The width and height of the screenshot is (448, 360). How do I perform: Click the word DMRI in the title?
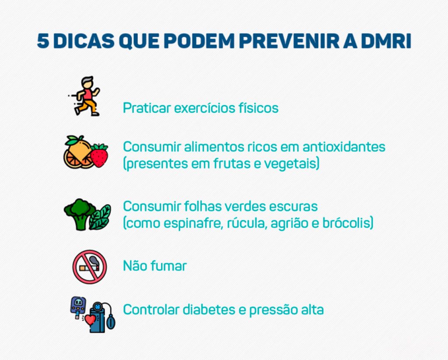click(386, 41)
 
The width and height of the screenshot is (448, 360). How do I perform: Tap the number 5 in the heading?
click(43, 41)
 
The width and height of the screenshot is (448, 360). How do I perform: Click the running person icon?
click(84, 96)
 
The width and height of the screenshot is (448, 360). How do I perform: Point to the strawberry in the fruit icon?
click(99, 155)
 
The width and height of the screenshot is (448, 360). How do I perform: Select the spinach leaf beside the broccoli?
click(100, 217)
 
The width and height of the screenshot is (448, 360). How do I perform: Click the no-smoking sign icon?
click(90, 267)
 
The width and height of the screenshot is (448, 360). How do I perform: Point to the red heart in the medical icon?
click(90, 319)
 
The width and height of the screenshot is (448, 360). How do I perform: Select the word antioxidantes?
click(344, 147)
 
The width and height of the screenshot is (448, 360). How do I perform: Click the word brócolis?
click(347, 223)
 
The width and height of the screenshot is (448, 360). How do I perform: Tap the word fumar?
click(168, 266)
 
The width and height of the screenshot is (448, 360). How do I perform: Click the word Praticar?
click(147, 108)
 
